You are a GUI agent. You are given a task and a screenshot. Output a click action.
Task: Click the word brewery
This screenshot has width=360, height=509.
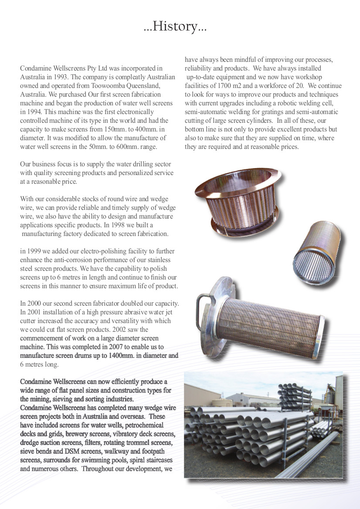76,434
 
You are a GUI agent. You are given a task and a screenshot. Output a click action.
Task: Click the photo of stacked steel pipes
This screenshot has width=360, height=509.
263,425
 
